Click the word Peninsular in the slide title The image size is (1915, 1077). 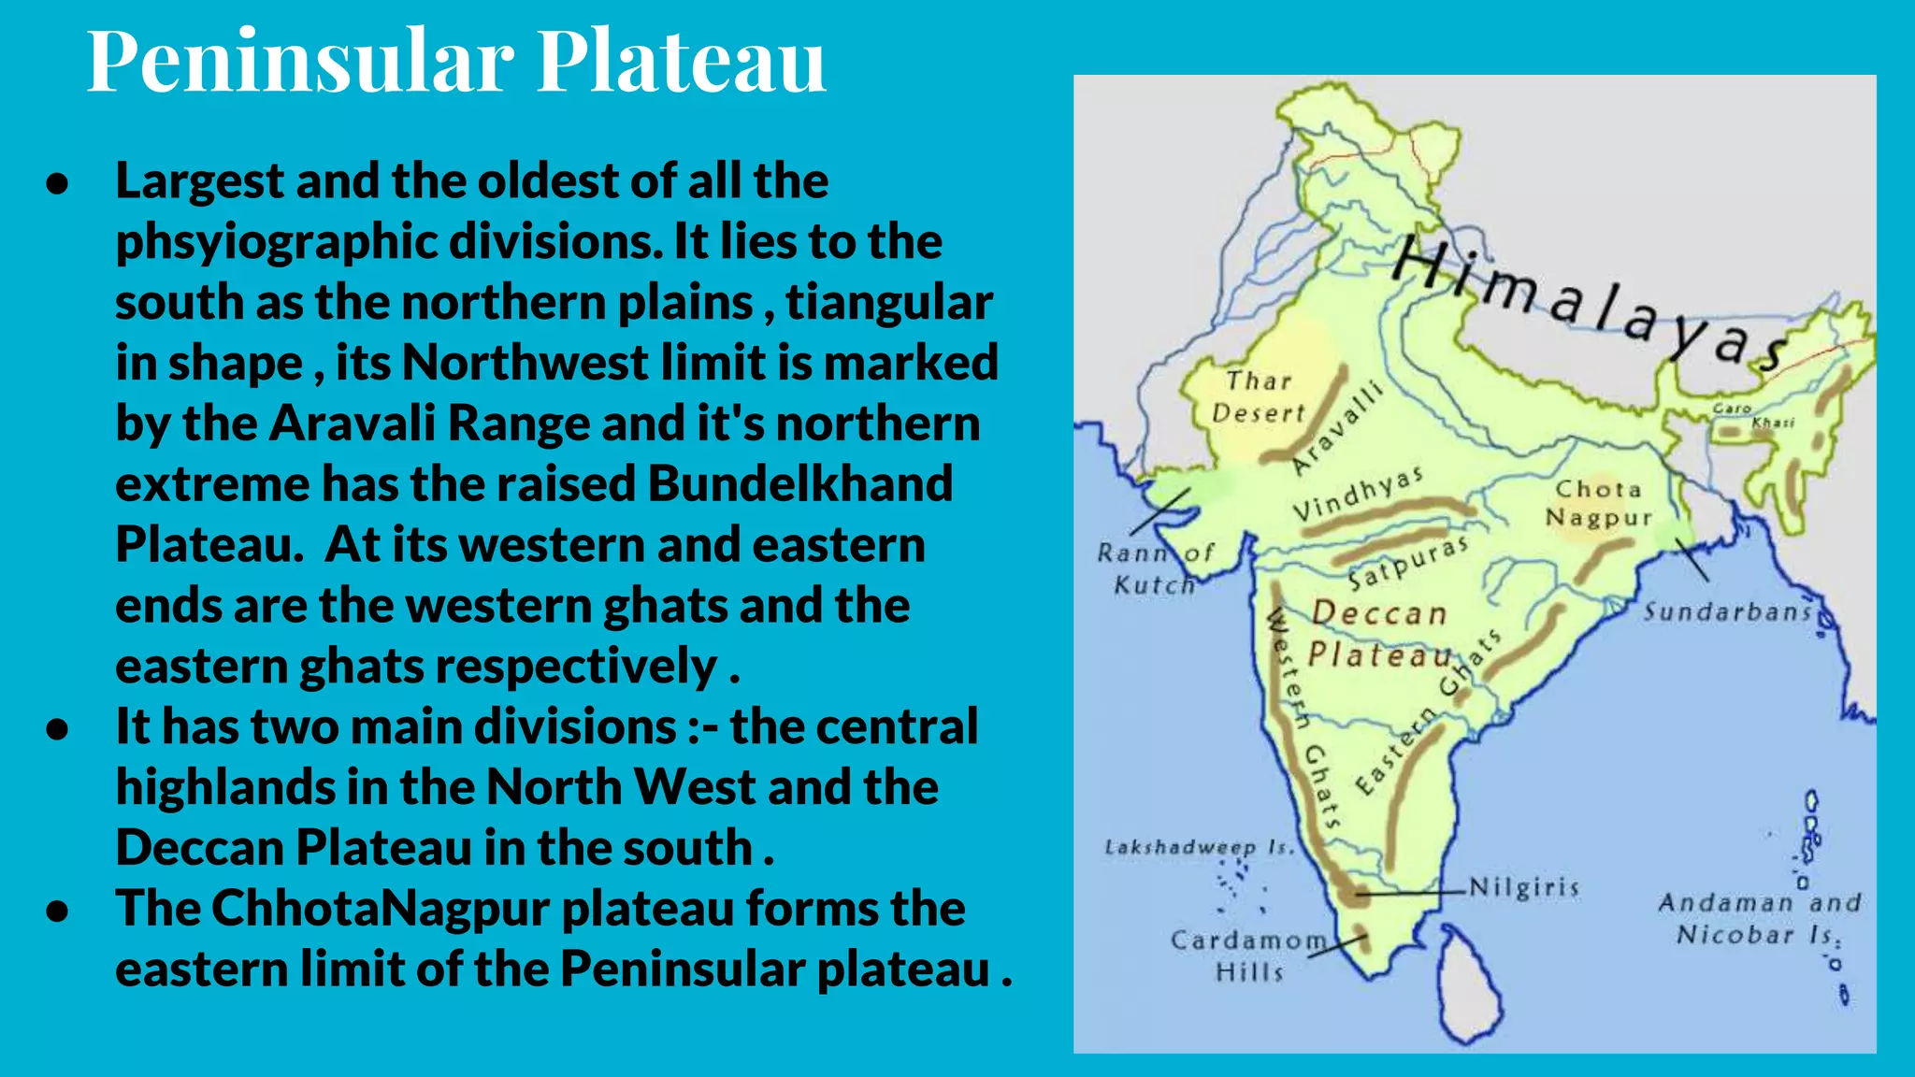(x=300, y=62)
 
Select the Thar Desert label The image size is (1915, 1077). (x=1258, y=397)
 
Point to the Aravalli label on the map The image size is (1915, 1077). (x=1337, y=428)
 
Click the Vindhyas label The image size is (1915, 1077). (x=1358, y=494)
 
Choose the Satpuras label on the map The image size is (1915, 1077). (x=1407, y=563)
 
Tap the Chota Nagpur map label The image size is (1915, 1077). (x=1598, y=503)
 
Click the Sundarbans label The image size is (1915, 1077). (x=1728, y=612)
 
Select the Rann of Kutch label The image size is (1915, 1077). (x=1156, y=568)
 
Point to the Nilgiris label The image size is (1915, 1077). (x=1524, y=887)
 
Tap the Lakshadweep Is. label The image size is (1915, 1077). (x=1200, y=848)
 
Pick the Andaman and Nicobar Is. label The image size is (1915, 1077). (x=1759, y=919)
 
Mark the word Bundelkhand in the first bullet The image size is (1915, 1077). (x=800, y=484)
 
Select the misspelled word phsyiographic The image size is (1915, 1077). (x=277, y=242)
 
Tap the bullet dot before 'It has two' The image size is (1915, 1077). (x=58, y=728)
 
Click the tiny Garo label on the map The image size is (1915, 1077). (x=1731, y=409)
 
